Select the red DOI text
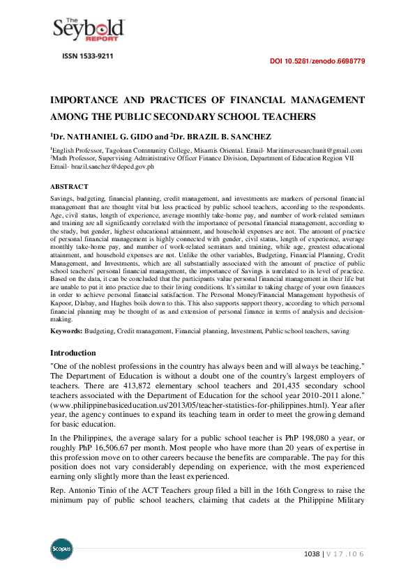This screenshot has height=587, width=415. coord(317,61)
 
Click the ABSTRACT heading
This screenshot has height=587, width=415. coord(69,187)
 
